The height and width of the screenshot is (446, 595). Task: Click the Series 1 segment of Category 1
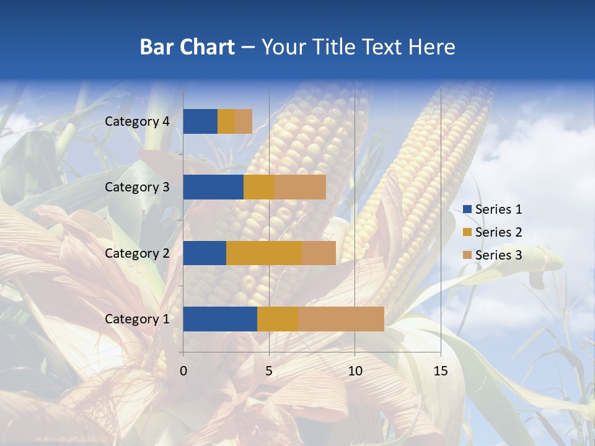coord(220,318)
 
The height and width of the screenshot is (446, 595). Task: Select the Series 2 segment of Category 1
coord(278,318)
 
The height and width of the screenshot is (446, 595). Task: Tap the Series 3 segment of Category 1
coord(341,318)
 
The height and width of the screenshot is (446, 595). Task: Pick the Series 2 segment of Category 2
coord(264,253)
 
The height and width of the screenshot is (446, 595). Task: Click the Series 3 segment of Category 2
coord(319,253)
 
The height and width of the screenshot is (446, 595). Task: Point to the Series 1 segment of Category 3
coord(213,187)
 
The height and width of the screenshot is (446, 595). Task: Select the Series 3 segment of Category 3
coord(300,187)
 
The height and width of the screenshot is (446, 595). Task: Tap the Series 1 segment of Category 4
coord(200,121)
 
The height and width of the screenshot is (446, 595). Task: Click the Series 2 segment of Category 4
coord(226,121)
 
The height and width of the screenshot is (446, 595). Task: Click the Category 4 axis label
coord(137,121)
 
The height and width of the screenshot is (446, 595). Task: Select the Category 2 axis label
coord(137,253)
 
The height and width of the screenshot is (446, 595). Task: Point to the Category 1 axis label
coord(137,319)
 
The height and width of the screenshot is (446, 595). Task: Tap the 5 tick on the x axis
coord(269,371)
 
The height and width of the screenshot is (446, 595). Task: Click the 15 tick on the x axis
coord(440,371)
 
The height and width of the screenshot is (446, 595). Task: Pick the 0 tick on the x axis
coord(183,371)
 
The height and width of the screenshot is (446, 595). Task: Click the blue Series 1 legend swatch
coord(467,209)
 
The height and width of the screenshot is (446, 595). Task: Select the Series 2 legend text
coord(498,232)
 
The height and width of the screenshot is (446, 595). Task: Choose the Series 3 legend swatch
coord(467,255)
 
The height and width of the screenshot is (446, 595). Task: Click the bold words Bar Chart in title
coord(187,47)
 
